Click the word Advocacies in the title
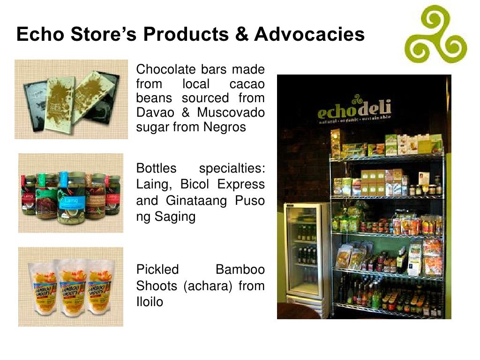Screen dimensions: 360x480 309,35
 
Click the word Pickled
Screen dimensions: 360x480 157,270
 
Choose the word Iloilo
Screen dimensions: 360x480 150,301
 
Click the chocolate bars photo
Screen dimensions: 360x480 71,99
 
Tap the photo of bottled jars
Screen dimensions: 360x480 71,193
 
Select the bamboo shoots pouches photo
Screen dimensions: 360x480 71,287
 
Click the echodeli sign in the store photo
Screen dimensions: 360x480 354,111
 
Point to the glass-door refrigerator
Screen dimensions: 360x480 308,253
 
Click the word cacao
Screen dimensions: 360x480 247,84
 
